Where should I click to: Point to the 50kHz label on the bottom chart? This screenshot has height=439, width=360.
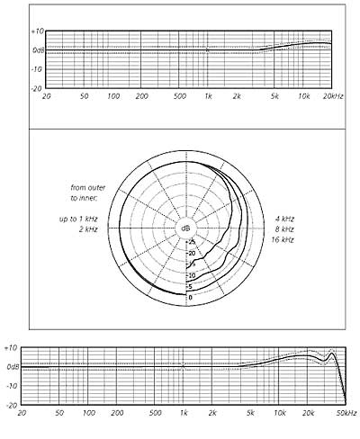pyautogui.click(x=346, y=413)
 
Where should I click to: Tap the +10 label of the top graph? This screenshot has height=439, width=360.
pyautogui.click(x=38, y=31)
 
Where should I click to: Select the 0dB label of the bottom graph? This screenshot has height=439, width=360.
pyautogui.click(x=13, y=366)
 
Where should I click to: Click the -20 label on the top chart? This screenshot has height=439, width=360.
pyautogui.click(x=37, y=89)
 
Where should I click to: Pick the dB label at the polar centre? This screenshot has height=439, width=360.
pyautogui.click(x=185, y=228)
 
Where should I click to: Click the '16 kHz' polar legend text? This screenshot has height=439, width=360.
pyautogui.click(x=283, y=240)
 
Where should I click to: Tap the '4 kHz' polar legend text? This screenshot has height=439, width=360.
pyautogui.click(x=284, y=219)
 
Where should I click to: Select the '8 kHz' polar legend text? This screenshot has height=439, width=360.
pyautogui.click(x=284, y=229)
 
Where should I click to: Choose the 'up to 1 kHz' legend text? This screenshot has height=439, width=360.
pyautogui.click(x=78, y=219)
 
